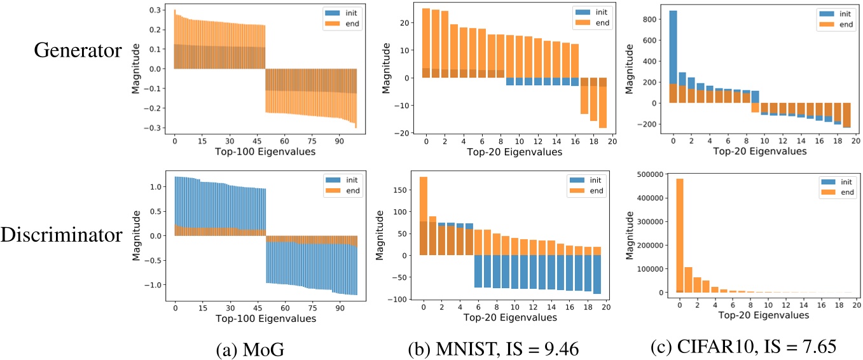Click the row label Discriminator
pyautogui.click(x=62, y=235)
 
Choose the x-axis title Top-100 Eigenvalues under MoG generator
pyautogui.click(x=256, y=152)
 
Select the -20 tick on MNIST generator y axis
pyautogui.click(x=402, y=133)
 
